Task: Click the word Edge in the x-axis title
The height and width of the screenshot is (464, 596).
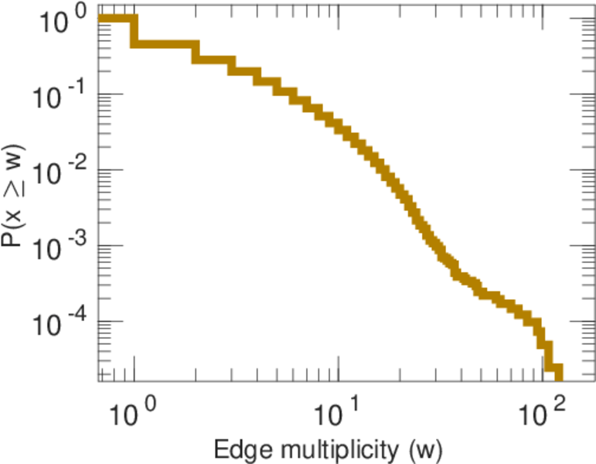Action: pyautogui.click(x=240, y=449)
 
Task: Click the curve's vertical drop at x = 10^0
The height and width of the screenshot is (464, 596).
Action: pyautogui.click(x=134, y=31)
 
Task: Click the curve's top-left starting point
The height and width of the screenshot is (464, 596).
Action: pyautogui.click(x=101, y=19)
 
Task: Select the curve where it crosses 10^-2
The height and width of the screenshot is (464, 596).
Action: pyautogui.click(x=379, y=169)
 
